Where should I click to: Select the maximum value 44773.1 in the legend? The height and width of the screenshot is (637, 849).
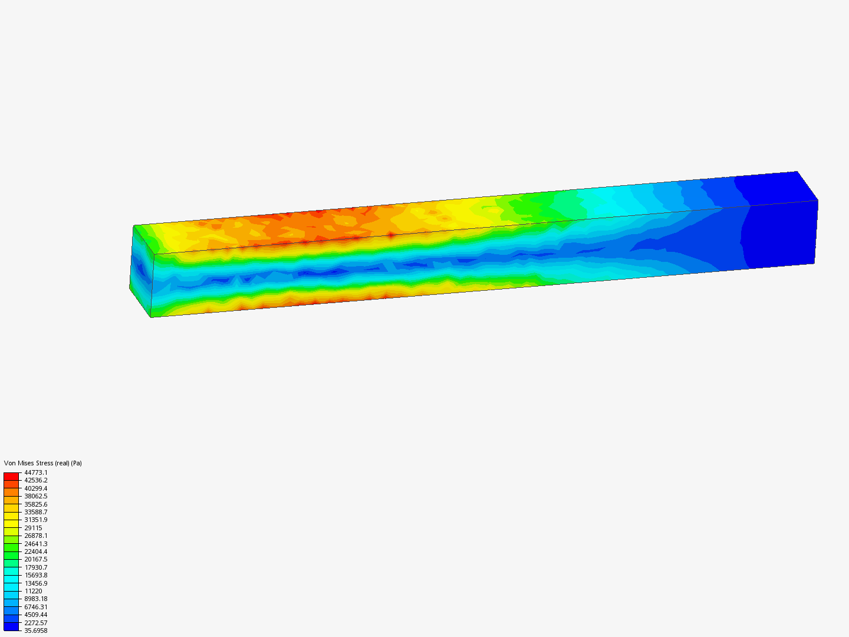[x=35, y=472]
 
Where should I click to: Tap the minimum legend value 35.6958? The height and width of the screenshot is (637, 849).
[x=35, y=631]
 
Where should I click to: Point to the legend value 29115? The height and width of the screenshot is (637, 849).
[x=33, y=528]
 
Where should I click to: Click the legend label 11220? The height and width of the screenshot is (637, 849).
[x=33, y=591]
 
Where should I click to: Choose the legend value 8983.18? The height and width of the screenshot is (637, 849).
[x=35, y=599]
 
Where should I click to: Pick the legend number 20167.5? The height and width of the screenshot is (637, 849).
[x=35, y=559]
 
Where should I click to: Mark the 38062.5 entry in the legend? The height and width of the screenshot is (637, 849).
[x=35, y=496]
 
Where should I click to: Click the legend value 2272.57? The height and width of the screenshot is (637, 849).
[x=35, y=623]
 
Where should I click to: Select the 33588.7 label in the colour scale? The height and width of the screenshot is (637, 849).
[x=35, y=512]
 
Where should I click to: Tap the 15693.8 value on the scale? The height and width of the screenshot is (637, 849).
[x=35, y=575]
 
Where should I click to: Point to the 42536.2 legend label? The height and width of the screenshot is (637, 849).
[x=35, y=480]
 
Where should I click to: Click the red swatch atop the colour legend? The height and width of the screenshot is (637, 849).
[x=11, y=476]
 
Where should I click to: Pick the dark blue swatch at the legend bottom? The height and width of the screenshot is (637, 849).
[x=11, y=626]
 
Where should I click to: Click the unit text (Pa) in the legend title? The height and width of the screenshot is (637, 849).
[x=76, y=463]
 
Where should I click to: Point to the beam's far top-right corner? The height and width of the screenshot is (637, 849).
[x=797, y=172]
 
